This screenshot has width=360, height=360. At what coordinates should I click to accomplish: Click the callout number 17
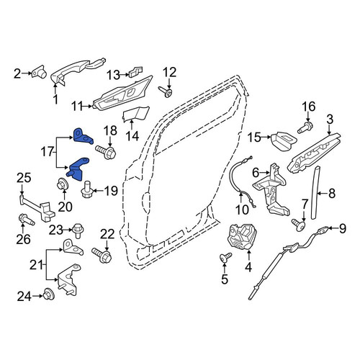pyautogui.click(x=48, y=152)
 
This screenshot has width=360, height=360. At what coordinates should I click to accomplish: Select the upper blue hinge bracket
pyautogui.click(x=82, y=136)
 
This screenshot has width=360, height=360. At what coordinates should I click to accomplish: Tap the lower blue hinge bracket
pyautogui.click(x=78, y=168)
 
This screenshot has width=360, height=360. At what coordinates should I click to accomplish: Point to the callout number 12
pyautogui.click(x=170, y=72)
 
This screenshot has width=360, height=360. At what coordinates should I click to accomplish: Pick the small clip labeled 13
pyautogui.click(x=135, y=71)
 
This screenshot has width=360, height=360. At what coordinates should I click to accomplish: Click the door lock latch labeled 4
pyautogui.click(x=243, y=237)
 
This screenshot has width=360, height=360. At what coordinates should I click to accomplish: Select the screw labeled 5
pyautogui.click(x=226, y=257)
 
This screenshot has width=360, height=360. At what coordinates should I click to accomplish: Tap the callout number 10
pyautogui.click(x=242, y=210)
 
